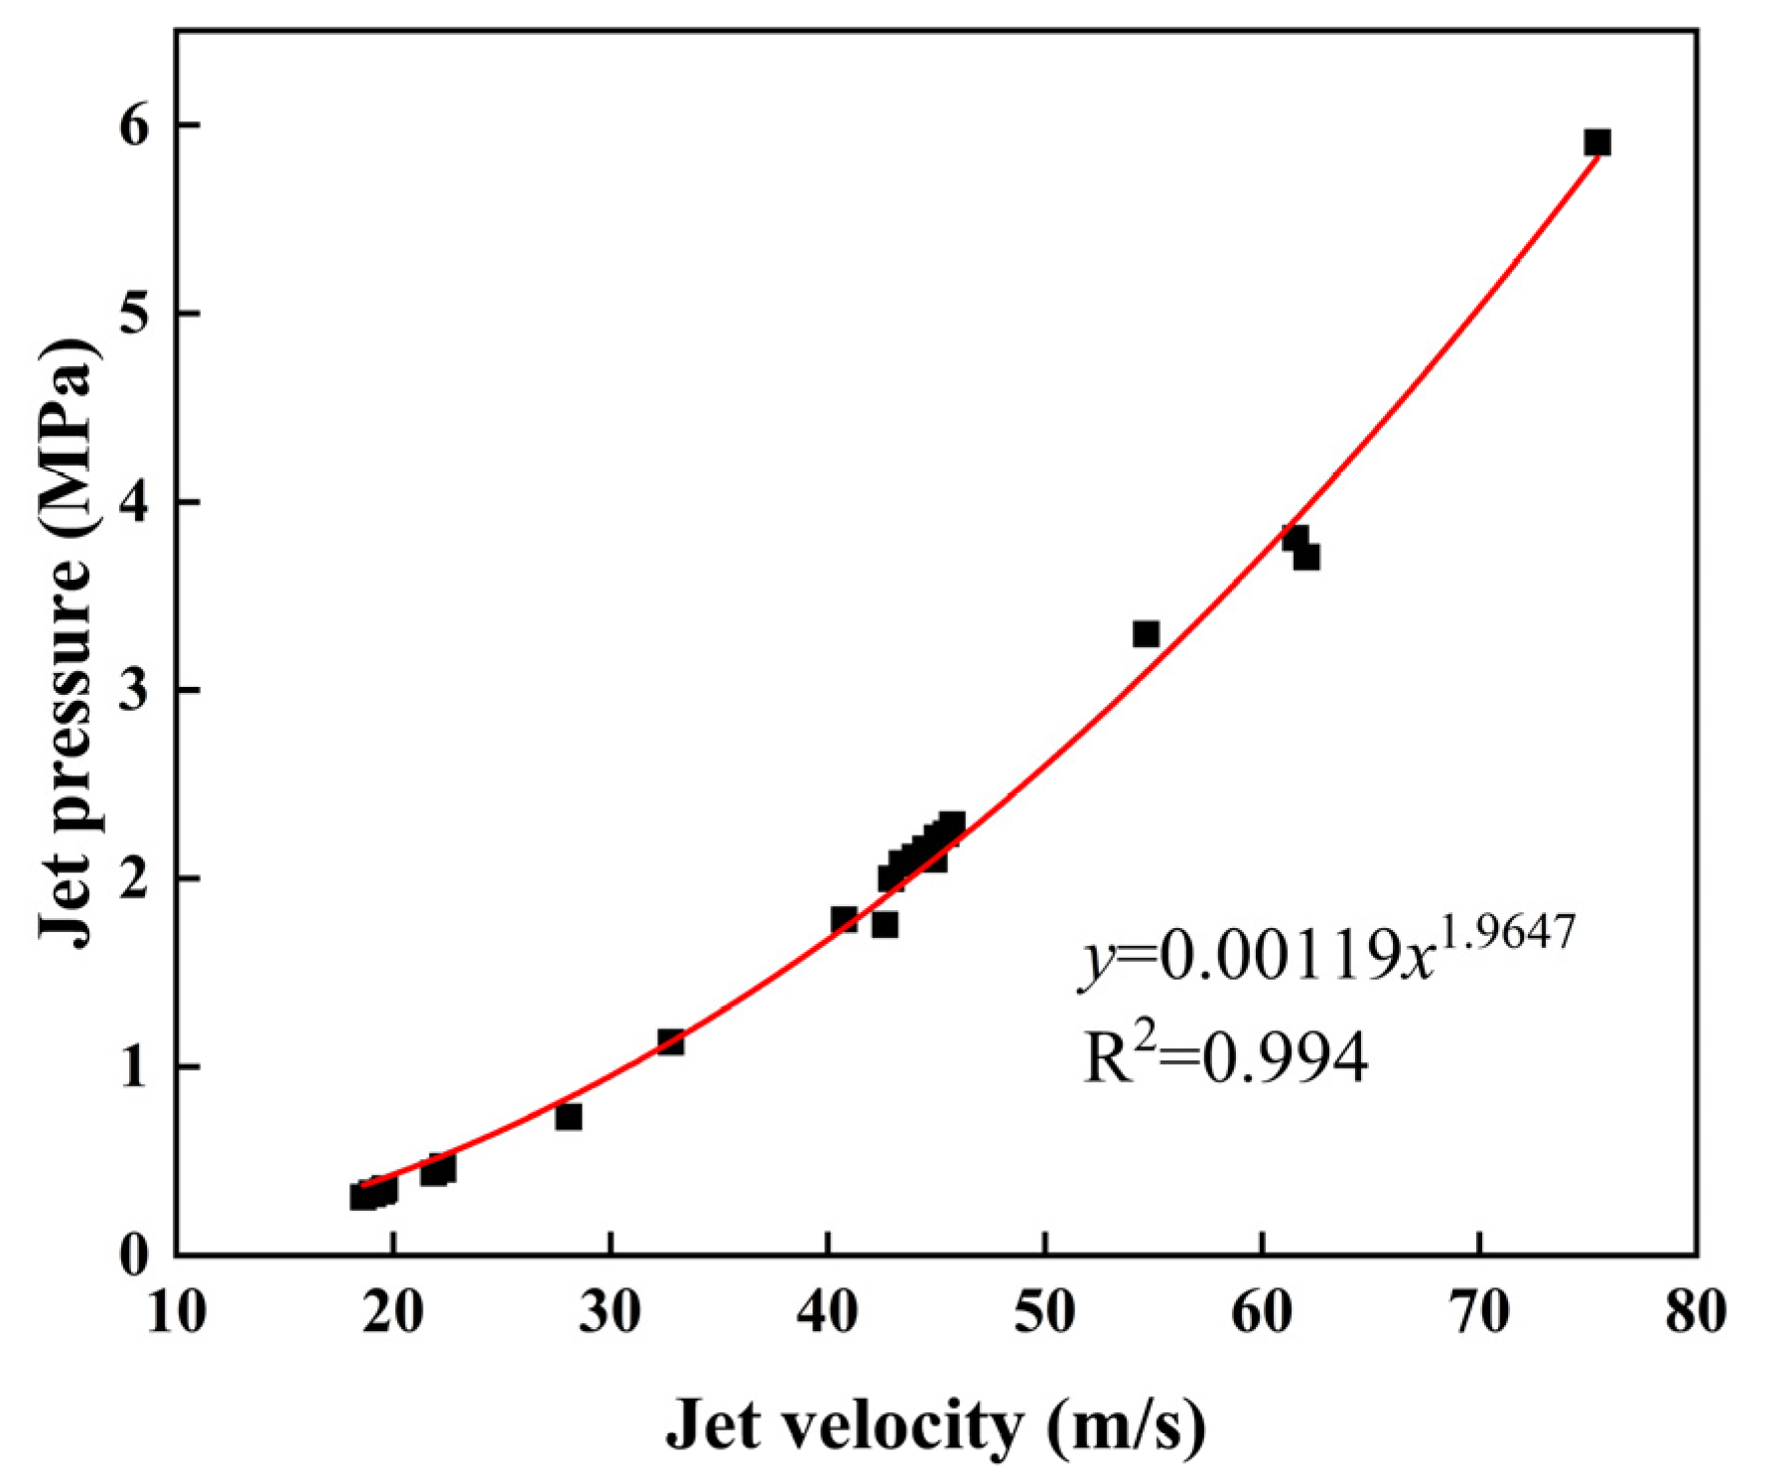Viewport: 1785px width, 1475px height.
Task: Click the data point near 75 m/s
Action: (1596, 143)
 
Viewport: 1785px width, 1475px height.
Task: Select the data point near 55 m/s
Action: (1146, 634)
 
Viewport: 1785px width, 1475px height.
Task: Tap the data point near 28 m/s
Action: (568, 1118)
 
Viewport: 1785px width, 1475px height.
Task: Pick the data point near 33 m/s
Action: (670, 1042)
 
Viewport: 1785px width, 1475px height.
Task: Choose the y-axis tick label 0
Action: (133, 1257)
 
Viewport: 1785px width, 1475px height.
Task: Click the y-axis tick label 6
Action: (133, 126)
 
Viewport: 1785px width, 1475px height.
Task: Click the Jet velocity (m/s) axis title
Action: (935, 1425)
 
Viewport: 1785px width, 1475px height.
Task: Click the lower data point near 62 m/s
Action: (1306, 558)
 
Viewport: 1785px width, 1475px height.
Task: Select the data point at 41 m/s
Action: (844, 919)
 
